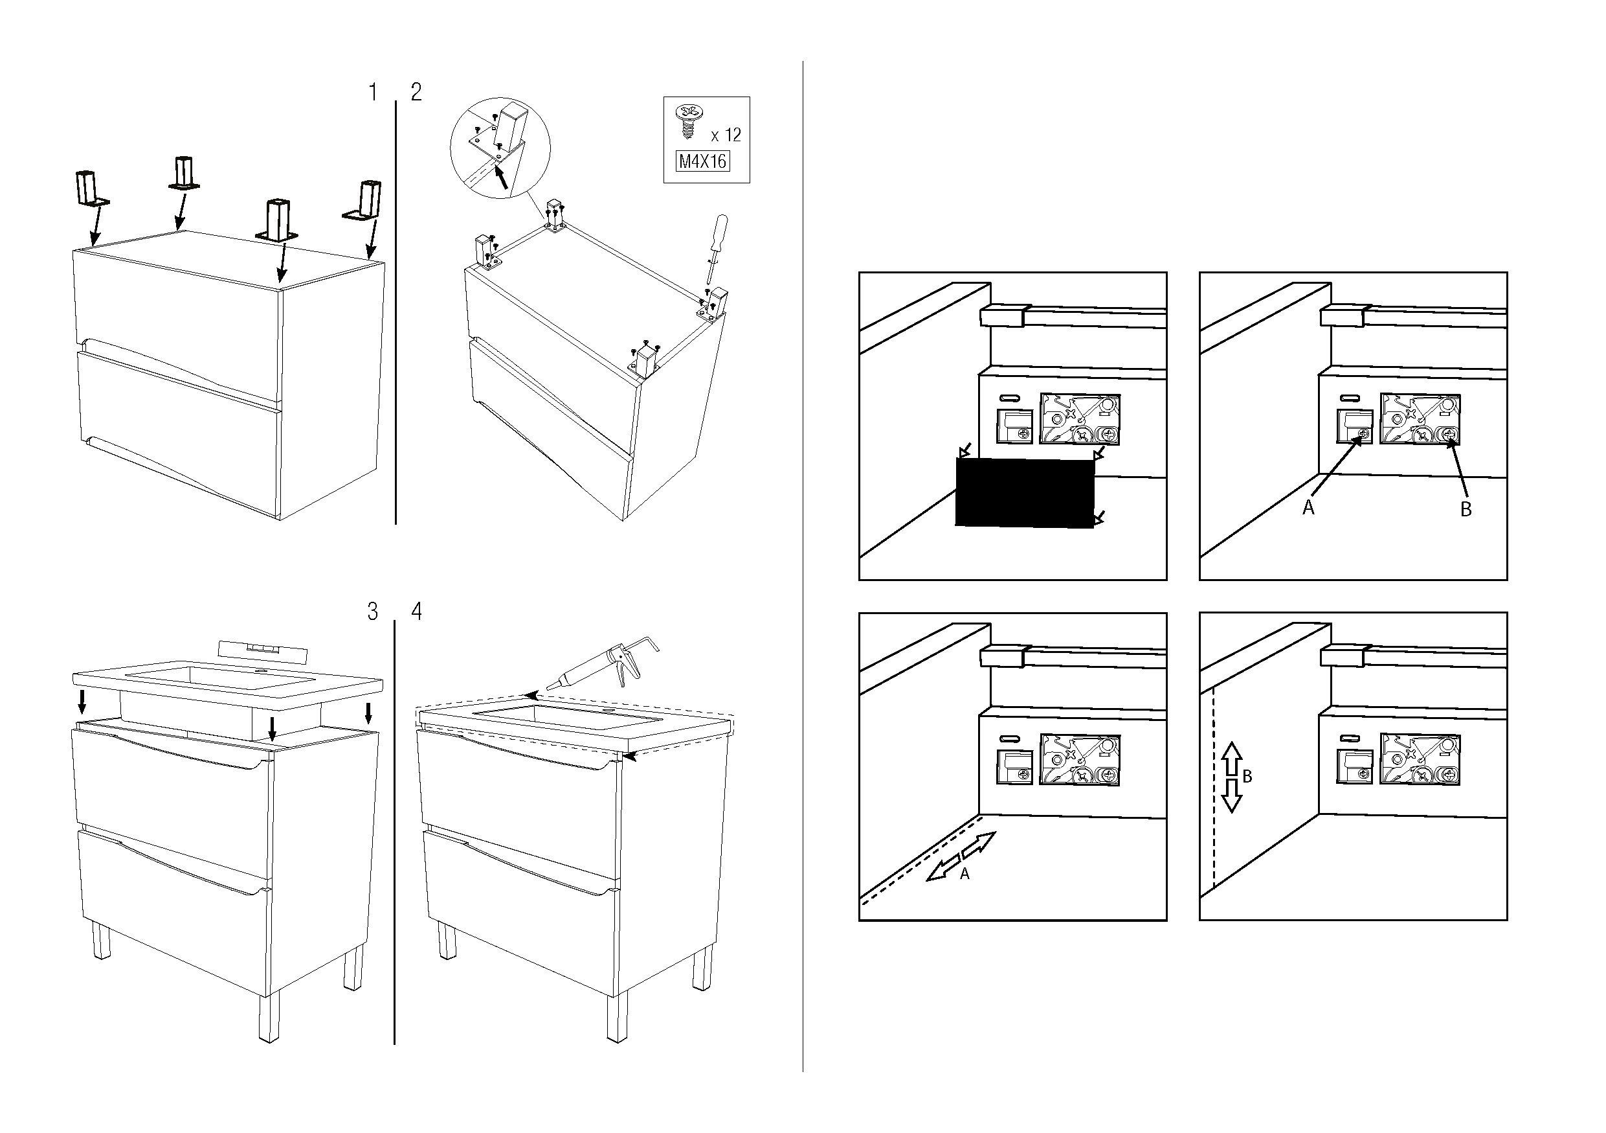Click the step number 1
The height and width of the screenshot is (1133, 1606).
tap(373, 93)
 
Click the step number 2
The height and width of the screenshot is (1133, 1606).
tap(416, 93)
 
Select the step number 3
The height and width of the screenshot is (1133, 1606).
tap(372, 612)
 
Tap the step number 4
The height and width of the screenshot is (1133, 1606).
tap(417, 612)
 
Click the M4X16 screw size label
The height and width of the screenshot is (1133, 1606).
tap(703, 162)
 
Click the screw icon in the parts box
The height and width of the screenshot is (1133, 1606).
tap(687, 120)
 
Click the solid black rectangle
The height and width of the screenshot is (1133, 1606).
tap(1024, 493)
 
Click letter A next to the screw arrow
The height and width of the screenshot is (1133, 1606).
tap(1308, 508)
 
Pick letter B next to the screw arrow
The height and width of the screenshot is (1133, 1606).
tap(1466, 509)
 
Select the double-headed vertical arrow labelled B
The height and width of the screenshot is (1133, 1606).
tap(1231, 777)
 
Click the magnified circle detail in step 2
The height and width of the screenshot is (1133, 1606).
tap(500, 146)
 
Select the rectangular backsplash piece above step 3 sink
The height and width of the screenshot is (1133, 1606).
tap(262, 651)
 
